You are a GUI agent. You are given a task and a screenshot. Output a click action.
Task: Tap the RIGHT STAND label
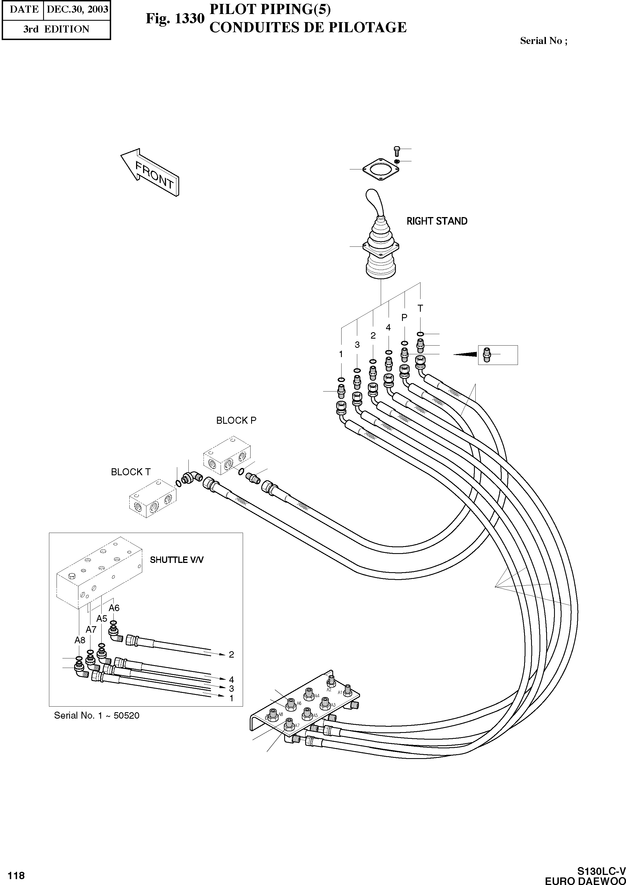437,221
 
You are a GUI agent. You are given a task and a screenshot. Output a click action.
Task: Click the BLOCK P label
236,421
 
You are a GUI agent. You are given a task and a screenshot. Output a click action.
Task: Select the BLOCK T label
131,472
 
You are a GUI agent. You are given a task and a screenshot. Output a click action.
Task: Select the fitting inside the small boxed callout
487,354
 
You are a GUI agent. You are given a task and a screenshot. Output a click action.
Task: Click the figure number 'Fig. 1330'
175,18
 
